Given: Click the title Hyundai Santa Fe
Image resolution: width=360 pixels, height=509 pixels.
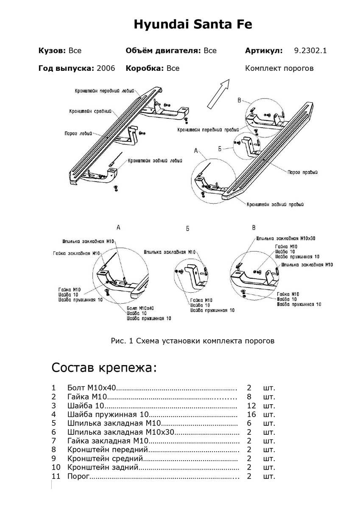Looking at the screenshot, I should tap(193, 25).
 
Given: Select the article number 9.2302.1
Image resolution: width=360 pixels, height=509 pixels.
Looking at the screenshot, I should tap(310, 51).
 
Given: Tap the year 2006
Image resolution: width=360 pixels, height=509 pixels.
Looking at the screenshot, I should tap(106, 68).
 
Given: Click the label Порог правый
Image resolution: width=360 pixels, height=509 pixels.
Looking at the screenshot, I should tap(302, 173).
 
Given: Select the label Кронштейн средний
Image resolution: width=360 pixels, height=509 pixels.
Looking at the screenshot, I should tap(90, 112).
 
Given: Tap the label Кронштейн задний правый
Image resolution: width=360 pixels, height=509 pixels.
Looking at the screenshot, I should tap(276, 204).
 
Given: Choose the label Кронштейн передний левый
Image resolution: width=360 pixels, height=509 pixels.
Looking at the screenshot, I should tap(104, 91).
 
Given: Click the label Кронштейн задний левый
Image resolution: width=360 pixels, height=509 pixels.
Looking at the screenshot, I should tap(155, 161).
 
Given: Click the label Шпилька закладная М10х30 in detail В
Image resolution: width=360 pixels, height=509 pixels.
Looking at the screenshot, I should tap(285, 239).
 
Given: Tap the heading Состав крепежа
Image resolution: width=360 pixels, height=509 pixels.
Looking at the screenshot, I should tap(104, 367).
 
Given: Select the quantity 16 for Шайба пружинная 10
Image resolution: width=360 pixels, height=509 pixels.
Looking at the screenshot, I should tap(251, 414).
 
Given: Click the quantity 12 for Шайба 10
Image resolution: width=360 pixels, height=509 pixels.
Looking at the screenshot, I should tap(251, 406).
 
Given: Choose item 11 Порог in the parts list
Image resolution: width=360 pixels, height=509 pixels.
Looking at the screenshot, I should tap(78, 476).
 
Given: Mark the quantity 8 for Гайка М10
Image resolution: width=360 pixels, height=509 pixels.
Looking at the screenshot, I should tap(249, 397).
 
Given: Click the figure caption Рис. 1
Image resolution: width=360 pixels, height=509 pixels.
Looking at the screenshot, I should tap(193, 340).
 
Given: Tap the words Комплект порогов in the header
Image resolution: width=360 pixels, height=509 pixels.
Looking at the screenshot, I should tap(279, 68).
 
